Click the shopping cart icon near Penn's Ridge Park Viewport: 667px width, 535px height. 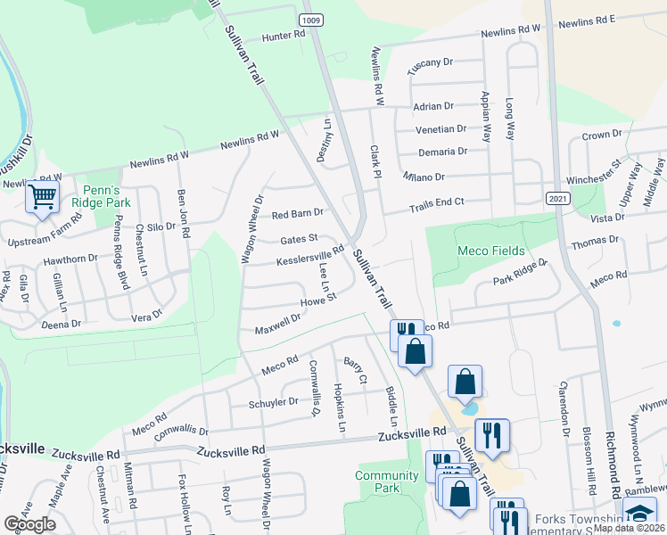point(42,197)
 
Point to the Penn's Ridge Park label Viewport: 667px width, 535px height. point(107,196)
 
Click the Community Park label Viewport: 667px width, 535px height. point(387,481)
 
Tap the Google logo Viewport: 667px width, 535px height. point(30,523)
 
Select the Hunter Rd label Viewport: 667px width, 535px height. point(284,36)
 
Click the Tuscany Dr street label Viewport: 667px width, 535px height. point(431,65)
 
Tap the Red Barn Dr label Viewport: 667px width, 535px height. point(297,214)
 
